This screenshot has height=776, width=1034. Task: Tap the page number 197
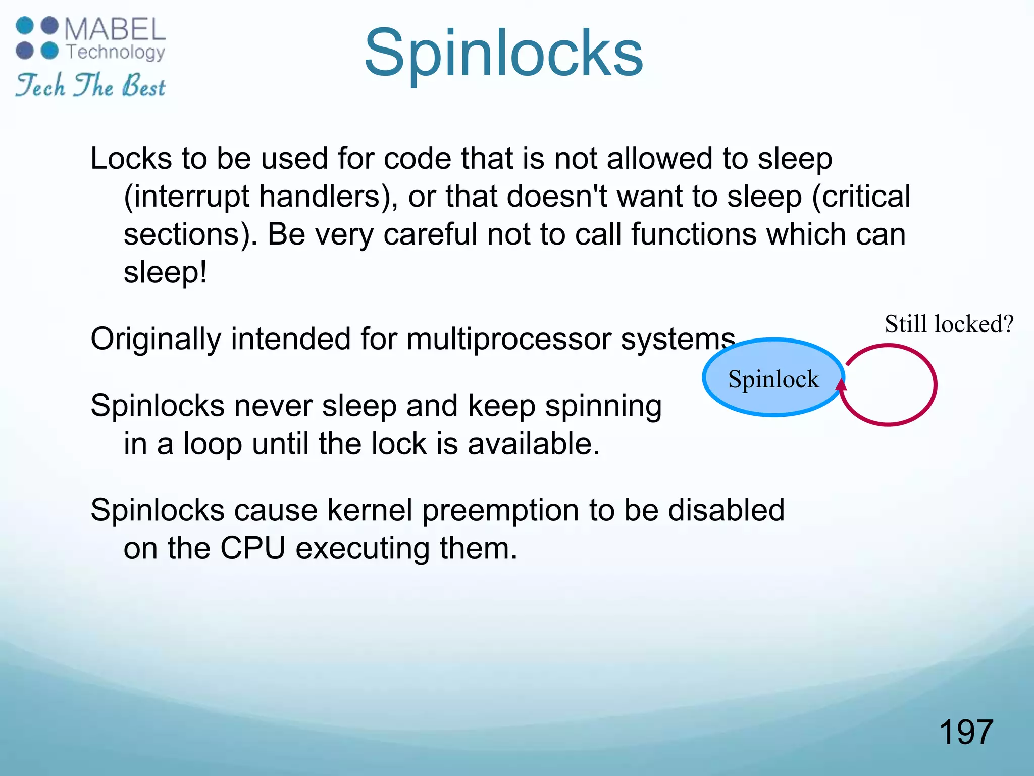coord(966,732)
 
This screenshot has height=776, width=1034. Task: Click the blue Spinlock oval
coord(773,378)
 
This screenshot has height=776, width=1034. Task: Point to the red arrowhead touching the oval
coord(841,385)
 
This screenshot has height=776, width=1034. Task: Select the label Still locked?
coord(949,324)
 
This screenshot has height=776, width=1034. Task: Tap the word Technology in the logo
coord(116,52)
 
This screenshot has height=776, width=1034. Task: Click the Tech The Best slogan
coord(90,86)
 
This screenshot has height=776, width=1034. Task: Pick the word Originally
coord(156,339)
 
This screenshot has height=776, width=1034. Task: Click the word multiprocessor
coord(509,339)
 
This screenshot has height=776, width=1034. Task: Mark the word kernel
coord(370,510)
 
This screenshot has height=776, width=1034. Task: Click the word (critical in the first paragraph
coord(861,197)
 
